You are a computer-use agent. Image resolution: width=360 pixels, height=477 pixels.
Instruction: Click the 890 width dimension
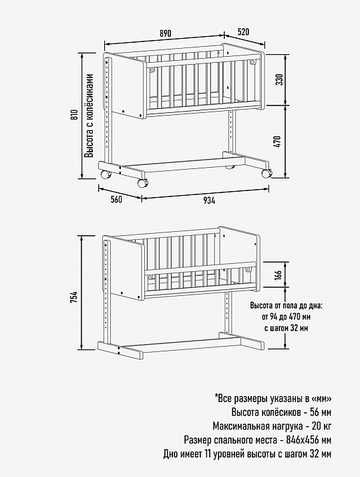166,33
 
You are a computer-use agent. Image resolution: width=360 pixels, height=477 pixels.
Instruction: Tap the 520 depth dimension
243,32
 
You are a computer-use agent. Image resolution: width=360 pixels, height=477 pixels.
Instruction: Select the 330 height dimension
280,79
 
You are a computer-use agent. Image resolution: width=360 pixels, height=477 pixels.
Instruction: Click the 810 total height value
75,115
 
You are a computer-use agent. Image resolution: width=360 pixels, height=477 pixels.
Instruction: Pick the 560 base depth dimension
116,200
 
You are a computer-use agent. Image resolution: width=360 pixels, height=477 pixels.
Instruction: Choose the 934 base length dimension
209,200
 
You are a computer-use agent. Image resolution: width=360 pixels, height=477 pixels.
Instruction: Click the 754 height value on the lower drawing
74,297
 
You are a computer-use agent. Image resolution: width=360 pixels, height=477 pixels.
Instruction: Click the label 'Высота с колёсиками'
89,116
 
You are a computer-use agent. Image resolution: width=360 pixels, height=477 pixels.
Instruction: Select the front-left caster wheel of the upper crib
143,183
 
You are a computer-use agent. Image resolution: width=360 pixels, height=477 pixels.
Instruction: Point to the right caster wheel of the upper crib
266,174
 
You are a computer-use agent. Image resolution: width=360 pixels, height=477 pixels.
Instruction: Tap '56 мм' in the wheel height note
321,412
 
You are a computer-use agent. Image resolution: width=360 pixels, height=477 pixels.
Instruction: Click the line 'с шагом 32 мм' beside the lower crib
286,329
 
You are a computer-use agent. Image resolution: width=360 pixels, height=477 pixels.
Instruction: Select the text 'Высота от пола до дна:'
286,305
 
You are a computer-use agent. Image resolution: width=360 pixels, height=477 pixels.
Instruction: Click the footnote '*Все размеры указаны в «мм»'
273,399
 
